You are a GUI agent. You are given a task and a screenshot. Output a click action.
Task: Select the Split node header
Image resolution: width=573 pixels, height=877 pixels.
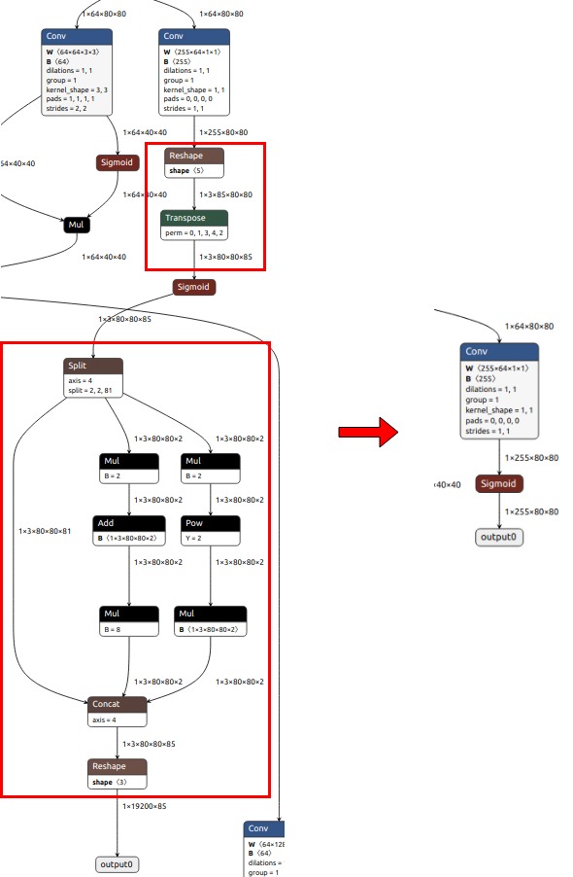[93, 366]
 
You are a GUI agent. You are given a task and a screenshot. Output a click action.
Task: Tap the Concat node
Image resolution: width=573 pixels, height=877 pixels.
[118, 703]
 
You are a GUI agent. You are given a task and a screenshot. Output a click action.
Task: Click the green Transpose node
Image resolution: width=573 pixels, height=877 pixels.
[194, 218]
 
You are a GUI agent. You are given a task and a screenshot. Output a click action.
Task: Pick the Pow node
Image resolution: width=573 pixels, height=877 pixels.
[211, 523]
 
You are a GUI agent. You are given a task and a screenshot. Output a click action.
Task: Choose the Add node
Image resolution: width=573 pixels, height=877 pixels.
[124, 523]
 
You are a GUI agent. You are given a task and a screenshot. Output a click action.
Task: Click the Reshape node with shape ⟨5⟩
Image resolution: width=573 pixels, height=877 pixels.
[194, 156]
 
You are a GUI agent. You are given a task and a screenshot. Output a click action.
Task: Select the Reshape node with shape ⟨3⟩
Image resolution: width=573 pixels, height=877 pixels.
[118, 766]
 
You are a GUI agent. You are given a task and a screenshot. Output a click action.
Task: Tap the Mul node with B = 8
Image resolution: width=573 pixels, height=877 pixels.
[129, 614]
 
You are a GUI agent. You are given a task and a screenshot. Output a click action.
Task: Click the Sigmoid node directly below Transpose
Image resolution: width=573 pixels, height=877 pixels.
[193, 287]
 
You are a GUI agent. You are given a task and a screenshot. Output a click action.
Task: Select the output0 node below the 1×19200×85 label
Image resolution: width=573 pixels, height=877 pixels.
[118, 863]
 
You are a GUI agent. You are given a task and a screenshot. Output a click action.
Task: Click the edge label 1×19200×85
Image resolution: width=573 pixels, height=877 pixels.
[144, 806]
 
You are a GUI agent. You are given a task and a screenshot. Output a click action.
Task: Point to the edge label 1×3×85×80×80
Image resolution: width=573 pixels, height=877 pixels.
[225, 194]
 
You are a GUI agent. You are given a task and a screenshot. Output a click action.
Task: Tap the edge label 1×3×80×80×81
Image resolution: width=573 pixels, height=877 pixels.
[44, 531]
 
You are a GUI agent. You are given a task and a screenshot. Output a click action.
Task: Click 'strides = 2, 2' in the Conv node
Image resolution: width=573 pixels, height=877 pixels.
[66, 109]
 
